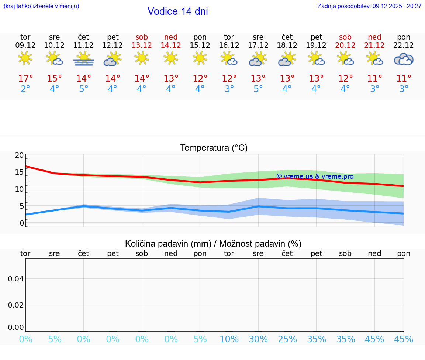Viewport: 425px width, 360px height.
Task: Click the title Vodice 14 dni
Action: (177, 11)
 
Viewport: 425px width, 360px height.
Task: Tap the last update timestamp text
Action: (369, 6)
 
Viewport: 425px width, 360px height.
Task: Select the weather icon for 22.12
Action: (404, 59)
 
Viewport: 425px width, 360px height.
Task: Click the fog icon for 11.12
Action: (84, 59)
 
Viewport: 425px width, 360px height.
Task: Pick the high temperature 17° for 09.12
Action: (25, 79)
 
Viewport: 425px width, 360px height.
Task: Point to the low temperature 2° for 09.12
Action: (25, 89)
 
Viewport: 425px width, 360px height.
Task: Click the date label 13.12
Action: (142, 45)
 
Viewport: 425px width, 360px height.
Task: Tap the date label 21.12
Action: (374, 45)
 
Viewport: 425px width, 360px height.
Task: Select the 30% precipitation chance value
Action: (258, 339)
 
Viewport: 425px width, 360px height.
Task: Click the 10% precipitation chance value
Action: (229, 339)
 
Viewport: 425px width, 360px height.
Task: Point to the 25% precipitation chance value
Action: (287, 339)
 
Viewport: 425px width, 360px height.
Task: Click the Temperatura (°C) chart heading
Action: (214, 148)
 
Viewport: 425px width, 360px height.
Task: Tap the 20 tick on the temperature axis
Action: (20, 155)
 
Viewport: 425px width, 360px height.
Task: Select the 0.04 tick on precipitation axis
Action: (16, 279)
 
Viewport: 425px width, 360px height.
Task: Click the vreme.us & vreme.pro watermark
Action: (315, 176)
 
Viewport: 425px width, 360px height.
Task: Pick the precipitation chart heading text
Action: (213, 244)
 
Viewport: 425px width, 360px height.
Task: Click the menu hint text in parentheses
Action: (41, 6)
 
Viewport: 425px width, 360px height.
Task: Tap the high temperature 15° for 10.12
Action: (55, 79)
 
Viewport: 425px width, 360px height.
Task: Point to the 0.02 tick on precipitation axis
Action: (16, 305)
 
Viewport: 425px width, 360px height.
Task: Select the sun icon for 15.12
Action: (200, 58)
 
